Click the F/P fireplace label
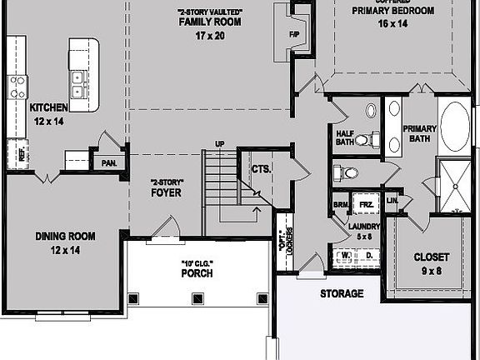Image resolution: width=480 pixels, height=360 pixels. pyautogui.click(x=294, y=35)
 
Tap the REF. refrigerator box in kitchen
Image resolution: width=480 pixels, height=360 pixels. pyautogui.click(x=22, y=152)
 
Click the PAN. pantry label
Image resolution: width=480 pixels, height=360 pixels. pyautogui.click(x=108, y=163)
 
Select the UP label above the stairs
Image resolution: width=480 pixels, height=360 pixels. pyautogui.click(x=220, y=144)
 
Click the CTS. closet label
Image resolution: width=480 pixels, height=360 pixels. pyautogui.click(x=261, y=169)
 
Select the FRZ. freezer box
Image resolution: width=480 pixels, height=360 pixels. pyautogui.click(x=365, y=203)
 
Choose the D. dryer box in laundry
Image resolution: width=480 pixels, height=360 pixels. pyautogui.click(x=368, y=255)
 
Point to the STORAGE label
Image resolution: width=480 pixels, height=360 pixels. pyautogui.click(x=342, y=293)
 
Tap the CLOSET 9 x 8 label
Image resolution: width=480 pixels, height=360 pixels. pyautogui.click(x=432, y=262)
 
